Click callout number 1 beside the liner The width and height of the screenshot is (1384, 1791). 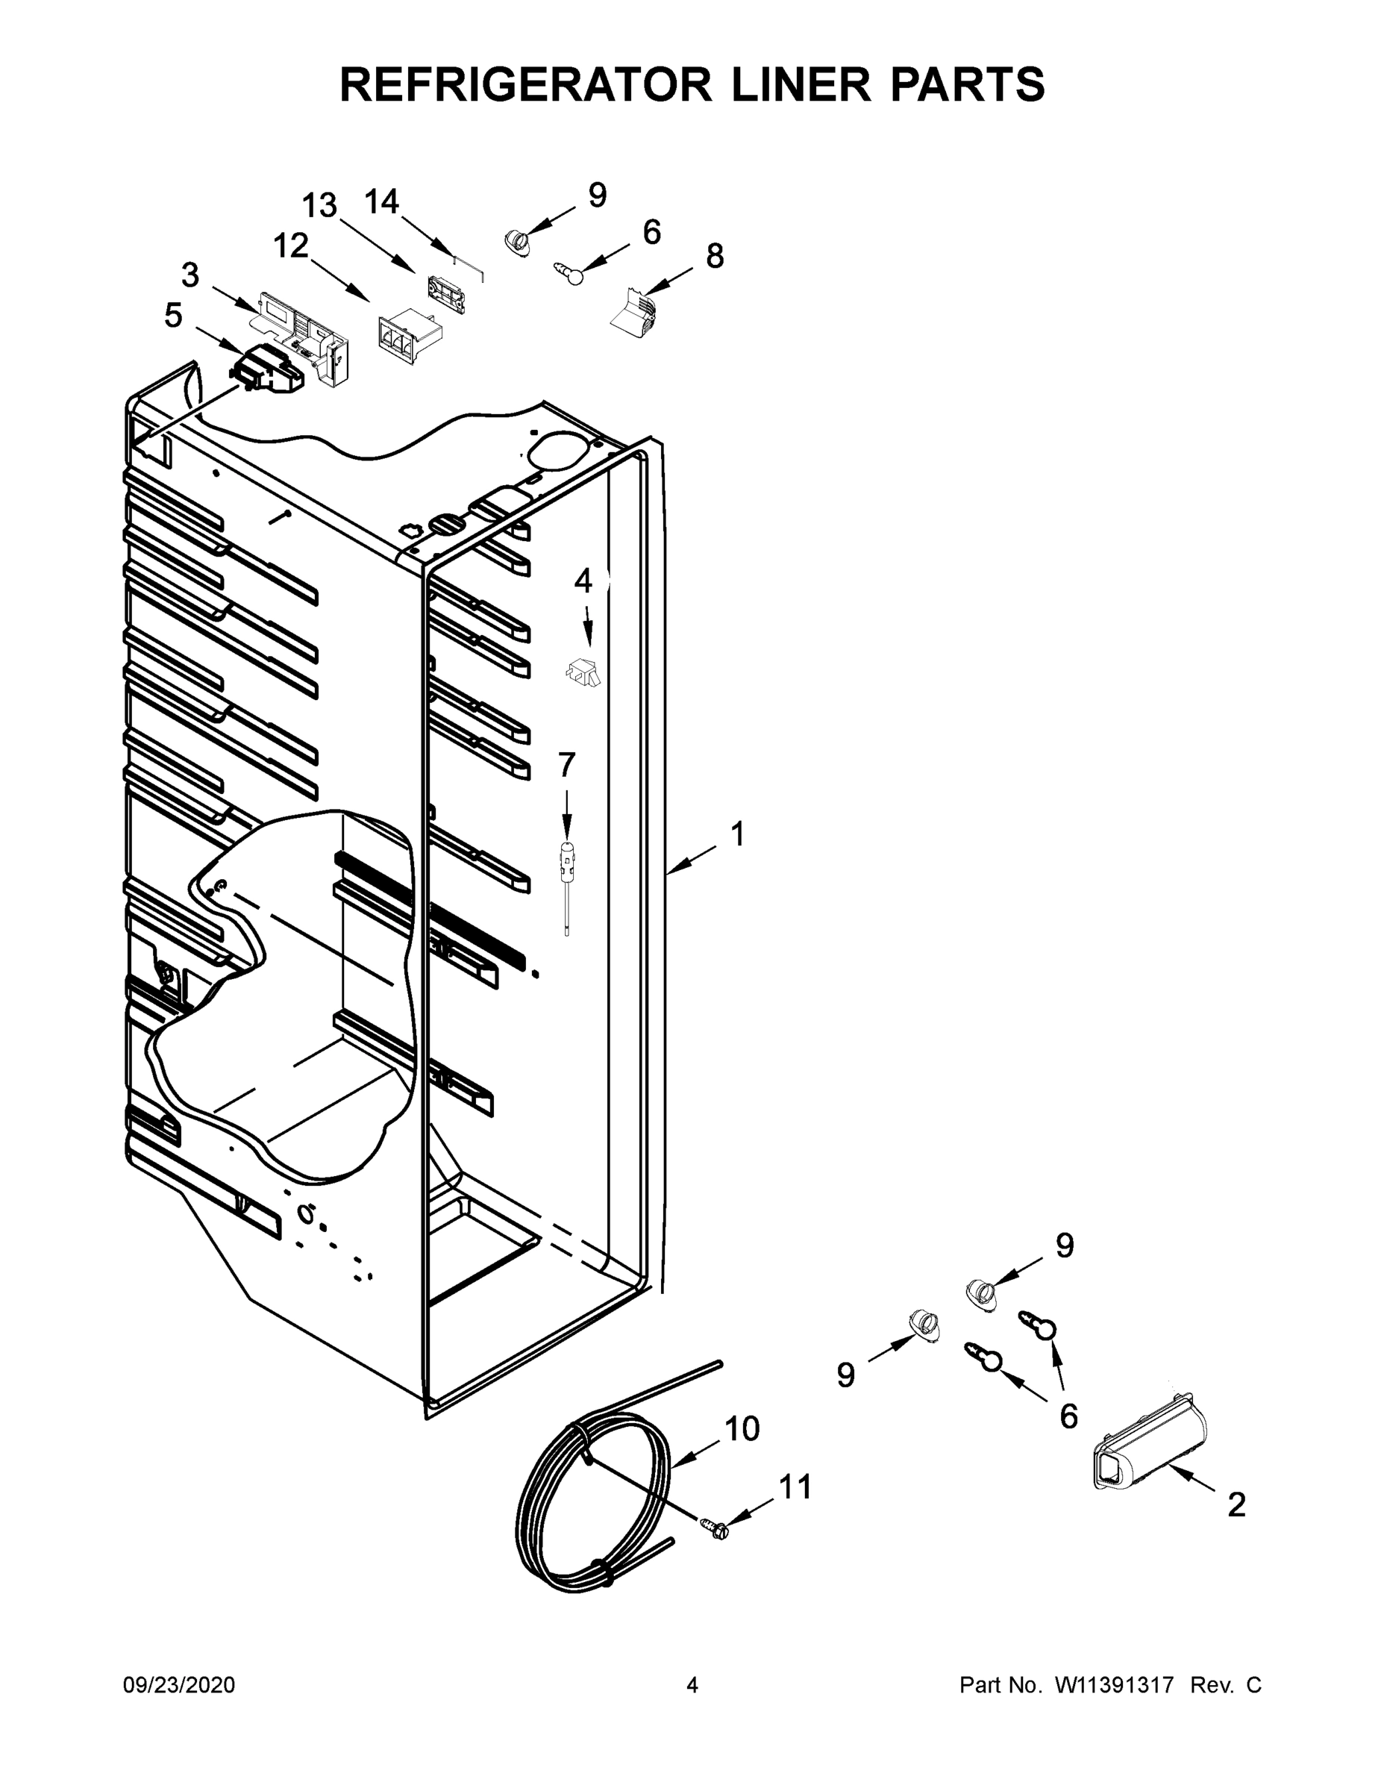coord(737,834)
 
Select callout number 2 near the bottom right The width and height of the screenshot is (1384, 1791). coord(1236,1504)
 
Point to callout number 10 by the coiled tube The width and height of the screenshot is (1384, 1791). coord(742,1429)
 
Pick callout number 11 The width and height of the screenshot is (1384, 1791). coord(795,1487)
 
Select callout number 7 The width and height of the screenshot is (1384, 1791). coord(566,764)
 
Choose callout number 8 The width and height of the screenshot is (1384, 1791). coord(715,256)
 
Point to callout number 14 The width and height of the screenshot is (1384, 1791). coord(381,201)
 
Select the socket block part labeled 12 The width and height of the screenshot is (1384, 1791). coord(407,334)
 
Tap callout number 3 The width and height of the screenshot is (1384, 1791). coord(190,275)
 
